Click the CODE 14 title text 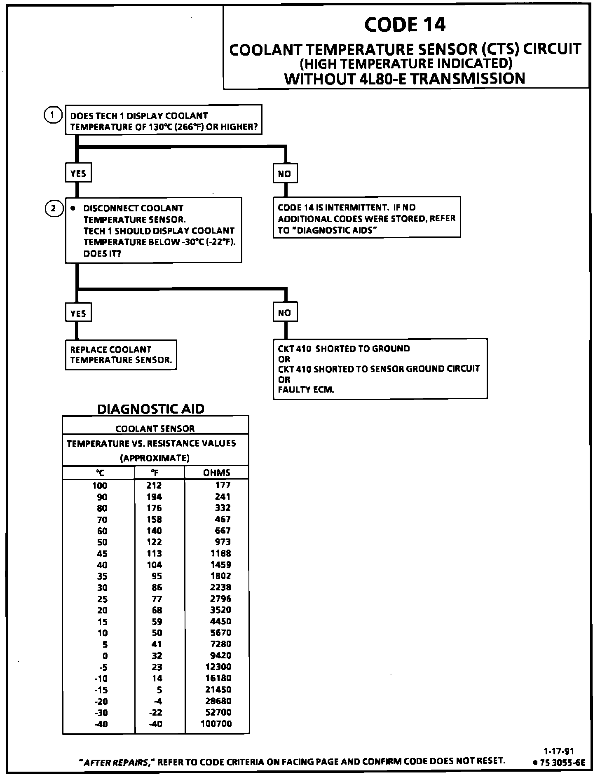405,25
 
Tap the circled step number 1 52,115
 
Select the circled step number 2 53,208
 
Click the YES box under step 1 78,173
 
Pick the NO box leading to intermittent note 285,173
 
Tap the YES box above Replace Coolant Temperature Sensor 78,313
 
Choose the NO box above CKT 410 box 285,313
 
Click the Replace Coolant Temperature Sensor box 121,355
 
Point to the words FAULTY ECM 306,389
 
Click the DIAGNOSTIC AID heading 150,409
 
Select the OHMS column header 216,473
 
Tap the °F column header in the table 155,473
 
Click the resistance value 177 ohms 223,485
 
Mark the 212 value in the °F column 154,486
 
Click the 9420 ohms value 220,655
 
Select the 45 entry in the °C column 102,554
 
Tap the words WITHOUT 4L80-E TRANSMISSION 405,78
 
